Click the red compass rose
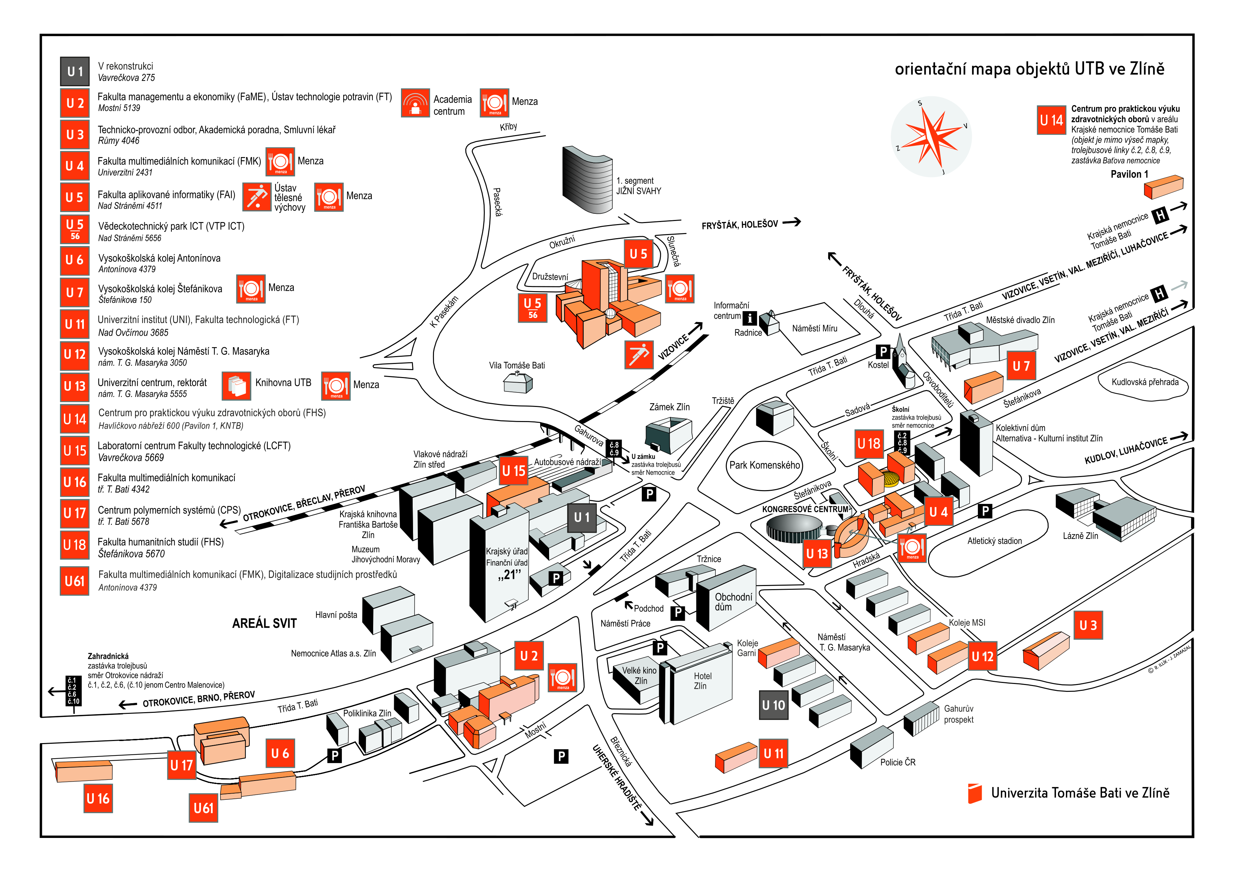point(931,136)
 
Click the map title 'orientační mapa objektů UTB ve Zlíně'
point(1029,69)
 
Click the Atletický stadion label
point(994,541)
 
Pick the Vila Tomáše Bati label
point(517,365)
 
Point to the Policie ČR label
point(898,762)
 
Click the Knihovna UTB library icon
point(236,386)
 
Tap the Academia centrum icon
point(415,103)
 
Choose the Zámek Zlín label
point(669,407)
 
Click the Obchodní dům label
point(733,602)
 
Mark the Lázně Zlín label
point(1080,535)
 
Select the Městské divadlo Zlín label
point(1020,320)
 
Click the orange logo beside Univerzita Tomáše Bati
point(974,793)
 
